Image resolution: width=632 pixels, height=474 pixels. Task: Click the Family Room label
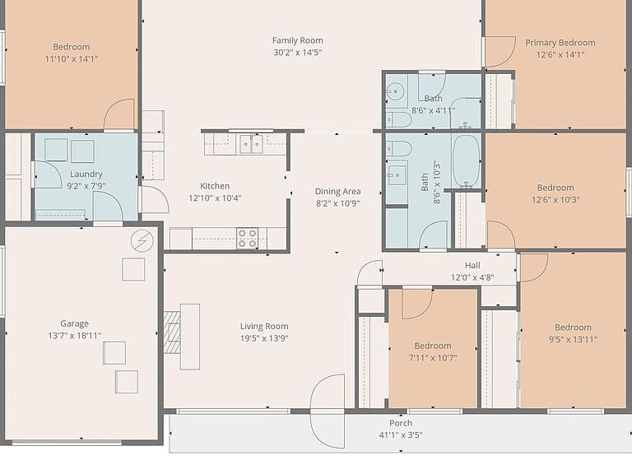click(297, 40)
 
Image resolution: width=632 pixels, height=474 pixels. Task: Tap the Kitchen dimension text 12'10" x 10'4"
click(215, 197)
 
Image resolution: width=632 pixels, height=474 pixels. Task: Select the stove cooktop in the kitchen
click(247, 238)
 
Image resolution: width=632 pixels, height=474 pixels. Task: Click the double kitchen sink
click(251, 144)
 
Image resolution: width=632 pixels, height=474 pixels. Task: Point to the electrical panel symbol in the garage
click(142, 241)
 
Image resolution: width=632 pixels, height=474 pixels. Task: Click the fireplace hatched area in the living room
click(172, 332)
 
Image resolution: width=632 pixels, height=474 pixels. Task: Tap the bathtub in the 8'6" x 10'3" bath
click(467, 160)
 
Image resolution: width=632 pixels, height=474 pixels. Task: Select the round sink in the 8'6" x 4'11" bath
click(396, 91)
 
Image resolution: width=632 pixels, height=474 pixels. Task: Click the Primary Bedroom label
click(560, 42)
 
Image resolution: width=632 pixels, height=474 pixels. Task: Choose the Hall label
click(472, 265)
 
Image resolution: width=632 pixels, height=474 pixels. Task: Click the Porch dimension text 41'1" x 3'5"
click(401, 434)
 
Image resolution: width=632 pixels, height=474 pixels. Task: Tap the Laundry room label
click(86, 174)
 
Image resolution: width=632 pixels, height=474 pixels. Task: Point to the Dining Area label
click(337, 192)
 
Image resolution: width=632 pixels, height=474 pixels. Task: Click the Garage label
click(75, 323)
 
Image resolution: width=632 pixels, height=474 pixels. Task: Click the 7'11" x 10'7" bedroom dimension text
click(433, 357)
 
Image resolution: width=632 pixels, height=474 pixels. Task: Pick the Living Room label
click(264, 326)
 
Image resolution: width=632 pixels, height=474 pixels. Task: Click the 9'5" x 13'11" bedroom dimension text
click(573, 339)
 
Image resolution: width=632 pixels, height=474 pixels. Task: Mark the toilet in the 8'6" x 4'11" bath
click(399, 119)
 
